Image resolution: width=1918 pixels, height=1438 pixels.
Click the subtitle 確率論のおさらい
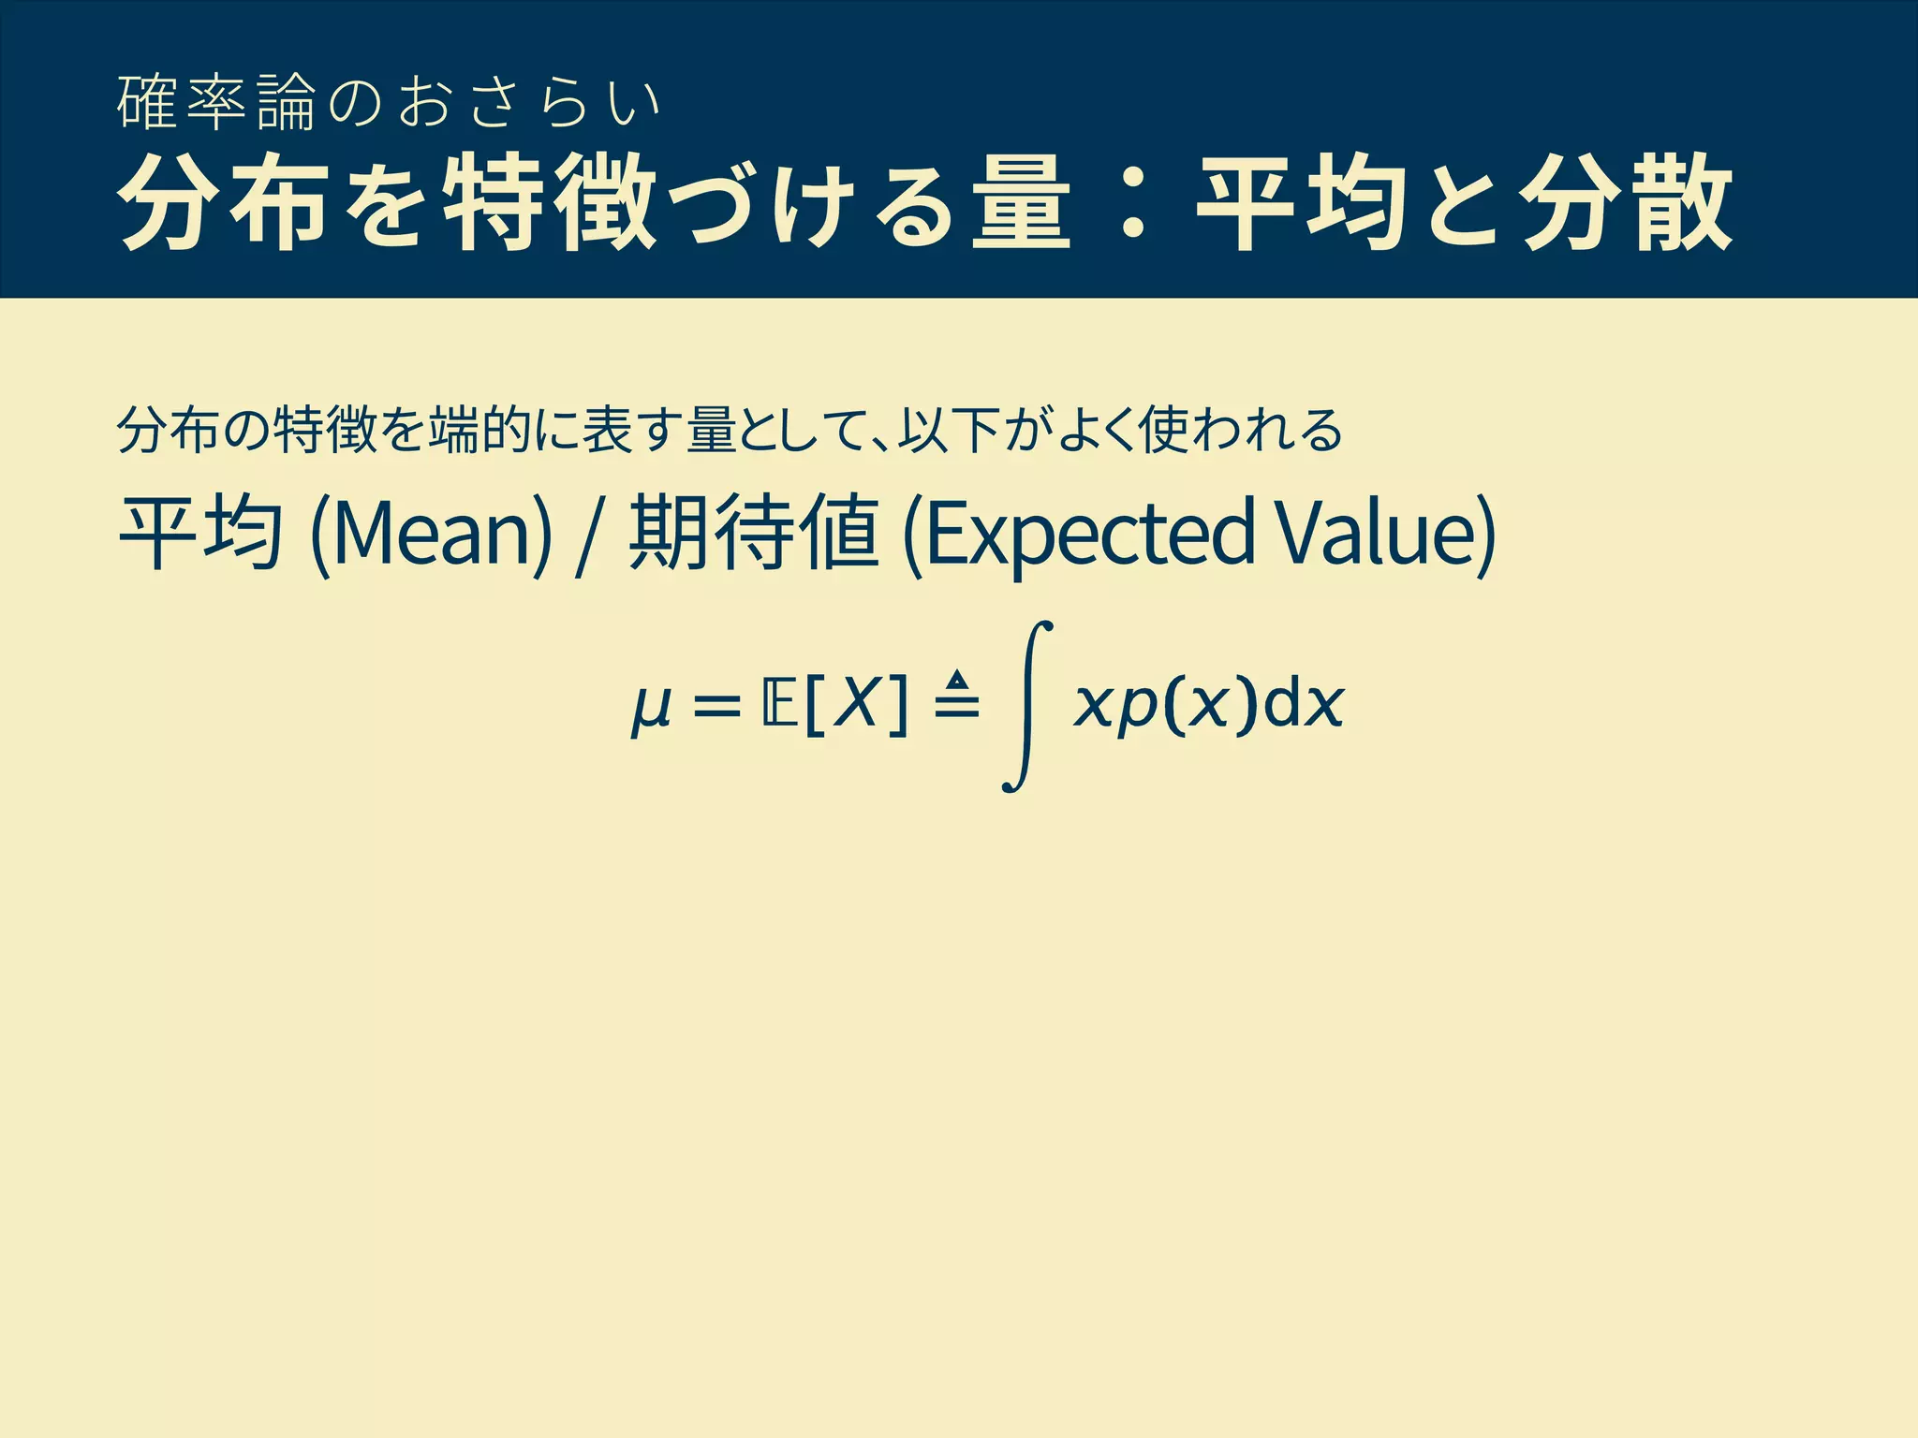click(x=389, y=102)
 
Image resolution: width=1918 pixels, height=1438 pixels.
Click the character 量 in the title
click(x=1021, y=203)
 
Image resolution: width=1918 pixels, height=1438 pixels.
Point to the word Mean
click(x=430, y=533)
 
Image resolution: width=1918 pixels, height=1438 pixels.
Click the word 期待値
click(x=754, y=533)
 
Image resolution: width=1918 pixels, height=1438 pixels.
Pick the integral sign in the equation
click(x=1026, y=707)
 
